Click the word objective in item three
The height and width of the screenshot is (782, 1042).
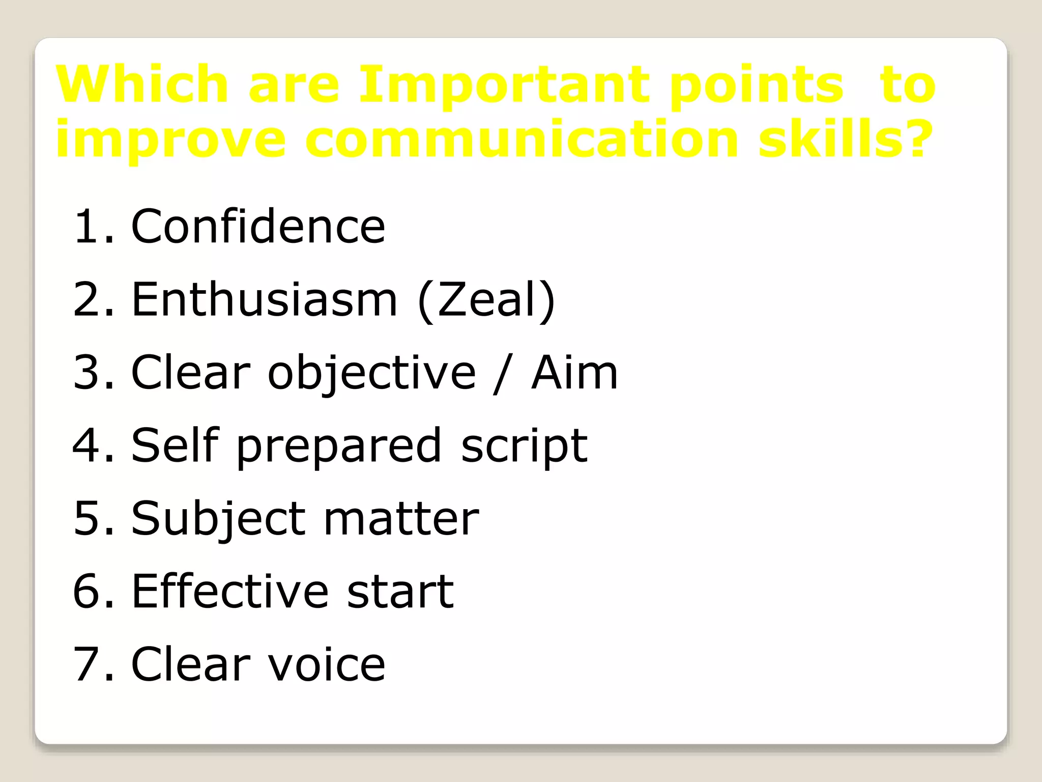372,373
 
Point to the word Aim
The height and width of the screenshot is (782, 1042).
574,373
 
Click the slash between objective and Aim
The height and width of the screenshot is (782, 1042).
501,374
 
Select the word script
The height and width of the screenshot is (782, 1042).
524,447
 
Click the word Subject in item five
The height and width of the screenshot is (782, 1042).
218,519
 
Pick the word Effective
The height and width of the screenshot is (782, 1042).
230,592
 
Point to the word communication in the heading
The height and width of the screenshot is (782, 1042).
521,139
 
